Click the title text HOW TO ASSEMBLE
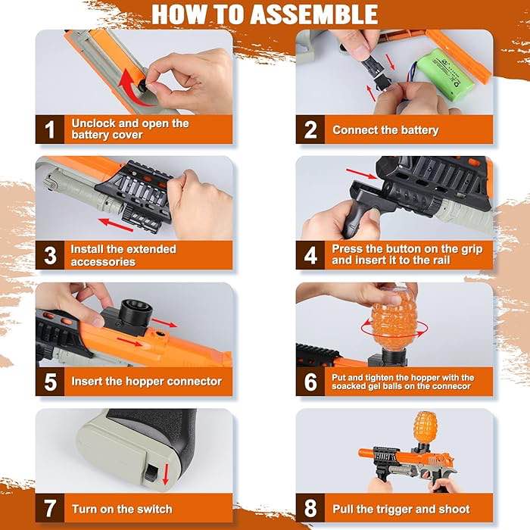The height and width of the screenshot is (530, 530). pyautogui.click(x=264, y=14)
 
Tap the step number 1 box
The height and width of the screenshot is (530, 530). pyautogui.click(x=50, y=129)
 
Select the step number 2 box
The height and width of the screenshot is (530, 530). pyautogui.click(x=310, y=129)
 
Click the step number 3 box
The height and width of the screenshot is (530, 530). pyautogui.click(x=50, y=255)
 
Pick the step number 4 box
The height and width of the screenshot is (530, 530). pyautogui.click(x=310, y=255)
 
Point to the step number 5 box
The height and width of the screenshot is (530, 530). pyautogui.click(x=50, y=382)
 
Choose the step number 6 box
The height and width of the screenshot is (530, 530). pyautogui.click(x=310, y=382)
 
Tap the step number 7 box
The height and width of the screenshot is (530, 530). pyautogui.click(x=50, y=508)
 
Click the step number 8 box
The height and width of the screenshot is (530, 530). pyautogui.click(x=310, y=508)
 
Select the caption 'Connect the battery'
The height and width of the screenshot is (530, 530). pyautogui.click(x=385, y=130)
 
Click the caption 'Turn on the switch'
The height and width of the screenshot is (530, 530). pyautogui.click(x=122, y=509)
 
